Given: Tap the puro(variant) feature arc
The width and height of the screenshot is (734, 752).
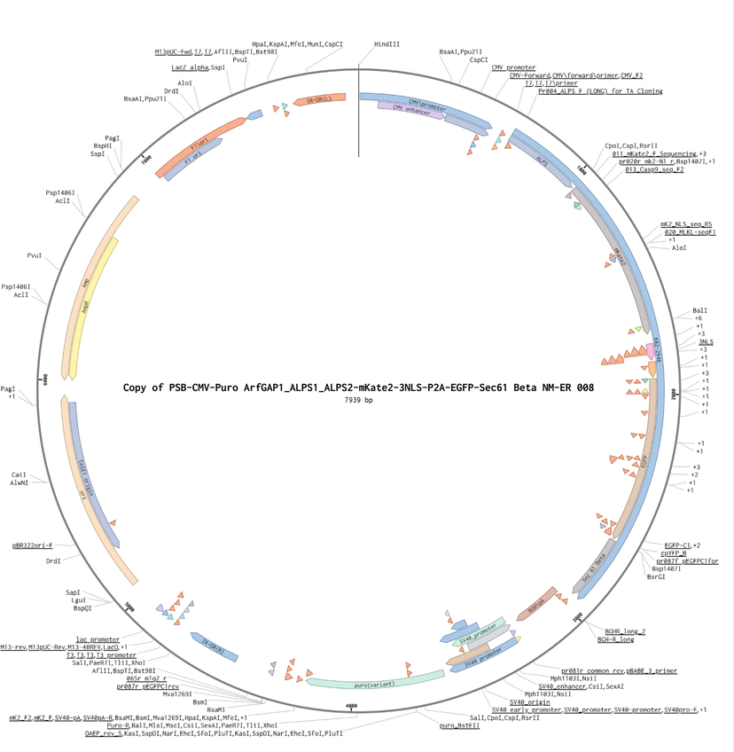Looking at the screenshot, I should (x=374, y=681).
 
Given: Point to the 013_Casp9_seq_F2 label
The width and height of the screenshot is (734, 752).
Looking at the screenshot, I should (x=654, y=169).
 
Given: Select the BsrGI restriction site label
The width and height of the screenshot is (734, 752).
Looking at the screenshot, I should (x=656, y=577).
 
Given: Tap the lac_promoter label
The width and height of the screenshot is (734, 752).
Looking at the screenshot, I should (x=98, y=638).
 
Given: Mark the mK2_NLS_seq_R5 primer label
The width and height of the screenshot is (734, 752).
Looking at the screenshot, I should (x=685, y=224).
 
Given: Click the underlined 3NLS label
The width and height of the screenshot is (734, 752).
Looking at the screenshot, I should (x=707, y=341).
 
